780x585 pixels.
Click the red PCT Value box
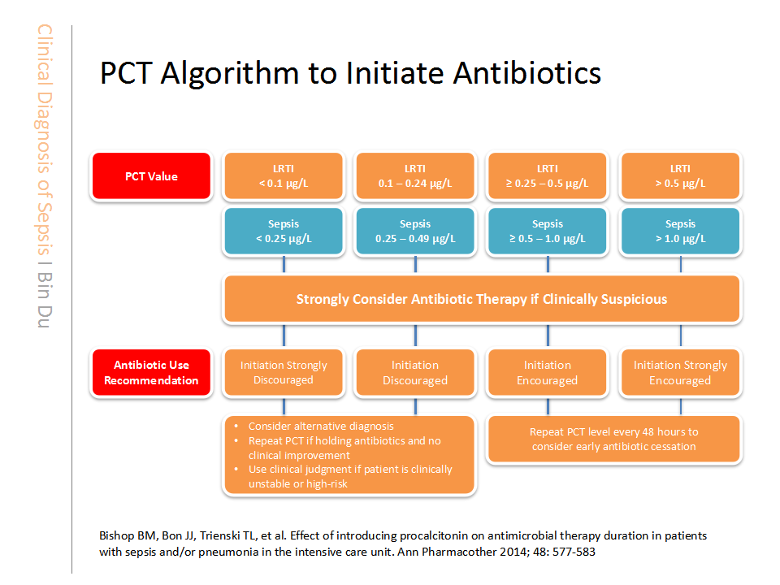pos(151,176)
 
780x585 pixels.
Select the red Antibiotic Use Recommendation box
pos(151,373)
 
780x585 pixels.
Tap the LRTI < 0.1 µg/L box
pos(284,176)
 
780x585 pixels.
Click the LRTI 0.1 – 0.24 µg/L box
pos(415,176)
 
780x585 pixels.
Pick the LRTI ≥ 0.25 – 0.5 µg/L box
pos(547,176)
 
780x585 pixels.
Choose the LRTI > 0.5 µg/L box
pos(680,176)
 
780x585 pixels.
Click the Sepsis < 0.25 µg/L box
pos(284,232)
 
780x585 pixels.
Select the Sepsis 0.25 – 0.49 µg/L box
pos(415,232)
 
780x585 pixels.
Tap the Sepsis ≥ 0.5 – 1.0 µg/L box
pos(547,232)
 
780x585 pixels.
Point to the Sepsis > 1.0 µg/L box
pos(680,232)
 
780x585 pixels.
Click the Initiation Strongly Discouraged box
pos(284,373)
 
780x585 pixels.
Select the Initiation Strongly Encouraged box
pos(680,373)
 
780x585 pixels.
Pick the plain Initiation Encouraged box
pos(547,373)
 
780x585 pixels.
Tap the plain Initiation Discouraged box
pos(415,373)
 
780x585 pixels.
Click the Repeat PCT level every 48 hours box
pos(614,440)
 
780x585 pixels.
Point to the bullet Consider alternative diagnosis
pos(321,427)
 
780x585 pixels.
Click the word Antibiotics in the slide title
pos(526,73)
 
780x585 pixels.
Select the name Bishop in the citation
pos(117,536)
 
